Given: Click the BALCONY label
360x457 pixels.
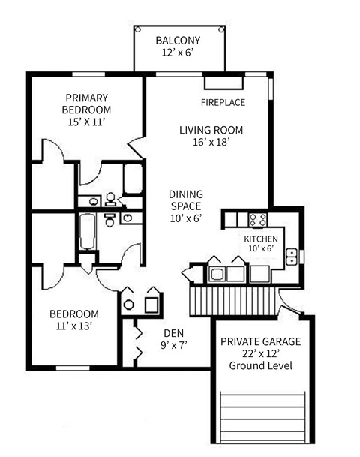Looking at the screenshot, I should coord(178,41).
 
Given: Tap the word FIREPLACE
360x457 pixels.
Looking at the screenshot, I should coord(223,102).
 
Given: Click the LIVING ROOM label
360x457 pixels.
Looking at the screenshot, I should coord(211,130).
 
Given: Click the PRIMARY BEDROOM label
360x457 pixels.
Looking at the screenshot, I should coord(86,104).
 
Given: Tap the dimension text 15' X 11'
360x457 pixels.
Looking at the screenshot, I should coord(86,122).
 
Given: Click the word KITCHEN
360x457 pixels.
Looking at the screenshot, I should coord(260,239).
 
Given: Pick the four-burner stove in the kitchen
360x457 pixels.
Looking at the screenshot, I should coord(259,219).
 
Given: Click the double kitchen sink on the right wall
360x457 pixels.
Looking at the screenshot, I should coord(295,259).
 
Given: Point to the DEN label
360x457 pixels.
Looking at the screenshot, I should coord(174,333).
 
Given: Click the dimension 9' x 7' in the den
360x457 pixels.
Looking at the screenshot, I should coord(174,347).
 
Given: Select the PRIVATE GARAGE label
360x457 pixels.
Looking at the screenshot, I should coord(260,341).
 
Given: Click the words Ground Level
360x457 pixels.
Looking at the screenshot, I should coord(260,366).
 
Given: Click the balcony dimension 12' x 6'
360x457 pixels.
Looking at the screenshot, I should coord(178,54).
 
